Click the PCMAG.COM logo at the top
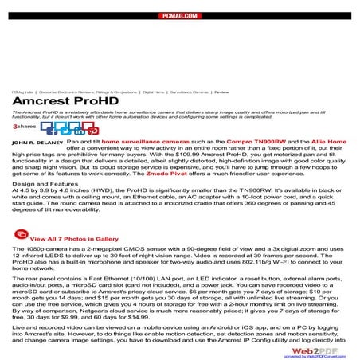click(179, 14)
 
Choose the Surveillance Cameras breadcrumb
click(189, 92)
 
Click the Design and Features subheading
click(47, 183)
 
